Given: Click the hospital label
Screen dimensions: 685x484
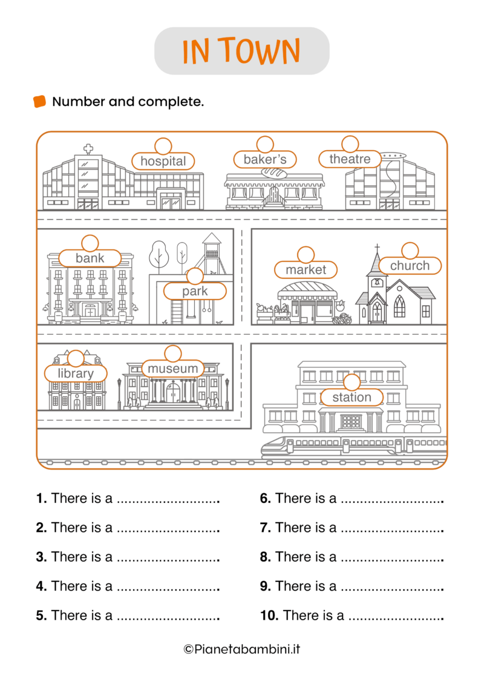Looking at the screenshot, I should click(x=163, y=161).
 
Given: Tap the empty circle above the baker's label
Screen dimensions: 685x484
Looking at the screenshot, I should click(x=265, y=145).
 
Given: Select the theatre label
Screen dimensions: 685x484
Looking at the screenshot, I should click(x=350, y=159).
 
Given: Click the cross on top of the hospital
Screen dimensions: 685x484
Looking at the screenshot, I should click(x=88, y=148).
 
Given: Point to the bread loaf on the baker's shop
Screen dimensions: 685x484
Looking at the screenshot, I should click(x=275, y=172).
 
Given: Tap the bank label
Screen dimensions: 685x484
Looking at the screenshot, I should click(x=90, y=258).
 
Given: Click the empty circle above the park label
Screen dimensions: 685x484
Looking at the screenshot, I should click(x=195, y=277).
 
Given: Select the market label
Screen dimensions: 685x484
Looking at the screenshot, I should click(x=306, y=270).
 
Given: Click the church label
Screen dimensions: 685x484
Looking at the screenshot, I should click(x=410, y=266).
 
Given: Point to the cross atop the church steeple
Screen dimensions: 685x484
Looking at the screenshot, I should click(x=377, y=247).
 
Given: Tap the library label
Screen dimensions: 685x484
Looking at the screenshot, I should click(x=76, y=373).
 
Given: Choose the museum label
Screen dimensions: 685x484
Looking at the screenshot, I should click(x=173, y=369).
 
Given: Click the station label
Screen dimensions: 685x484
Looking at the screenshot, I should click(x=352, y=398).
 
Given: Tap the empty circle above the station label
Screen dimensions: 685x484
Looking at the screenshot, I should click(x=352, y=382).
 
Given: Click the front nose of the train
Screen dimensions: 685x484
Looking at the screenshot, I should click(x=266, y=448).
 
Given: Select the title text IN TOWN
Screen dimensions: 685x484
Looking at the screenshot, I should click(x=241, y=51).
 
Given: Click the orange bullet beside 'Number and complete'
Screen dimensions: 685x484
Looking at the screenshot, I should click(x=39, y=102).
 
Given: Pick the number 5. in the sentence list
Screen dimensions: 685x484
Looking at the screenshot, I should click(x=41, y=615).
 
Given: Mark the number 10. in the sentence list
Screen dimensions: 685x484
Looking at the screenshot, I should click(x=269, y=615).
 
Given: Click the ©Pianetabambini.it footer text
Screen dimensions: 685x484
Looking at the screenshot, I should click(x=241, y=649).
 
